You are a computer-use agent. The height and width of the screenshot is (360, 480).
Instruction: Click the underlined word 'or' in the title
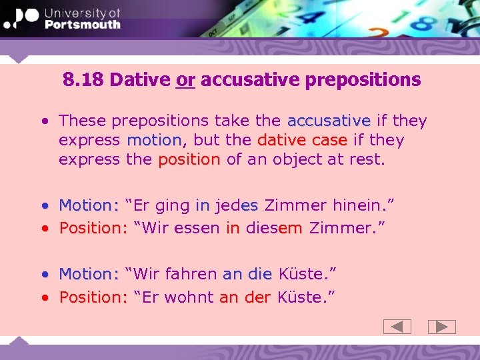(185, 80)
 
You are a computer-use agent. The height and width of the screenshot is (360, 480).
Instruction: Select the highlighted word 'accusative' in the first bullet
(329, 121)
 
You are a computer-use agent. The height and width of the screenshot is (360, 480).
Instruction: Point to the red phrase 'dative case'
(302, 140)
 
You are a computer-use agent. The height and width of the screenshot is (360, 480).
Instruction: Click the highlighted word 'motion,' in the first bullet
(154, 140)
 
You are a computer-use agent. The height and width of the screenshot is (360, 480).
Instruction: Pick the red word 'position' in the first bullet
(189, 159)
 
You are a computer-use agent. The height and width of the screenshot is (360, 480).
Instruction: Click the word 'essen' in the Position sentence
(197, 227)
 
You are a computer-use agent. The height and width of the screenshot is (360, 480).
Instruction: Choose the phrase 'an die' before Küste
(247, 273)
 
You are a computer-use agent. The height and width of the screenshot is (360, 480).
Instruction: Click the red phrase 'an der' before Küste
(245, 297)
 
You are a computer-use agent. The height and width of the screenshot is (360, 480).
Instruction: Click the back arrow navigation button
(397, 327)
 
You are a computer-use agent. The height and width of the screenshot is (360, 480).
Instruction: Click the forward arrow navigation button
(441, 327)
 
